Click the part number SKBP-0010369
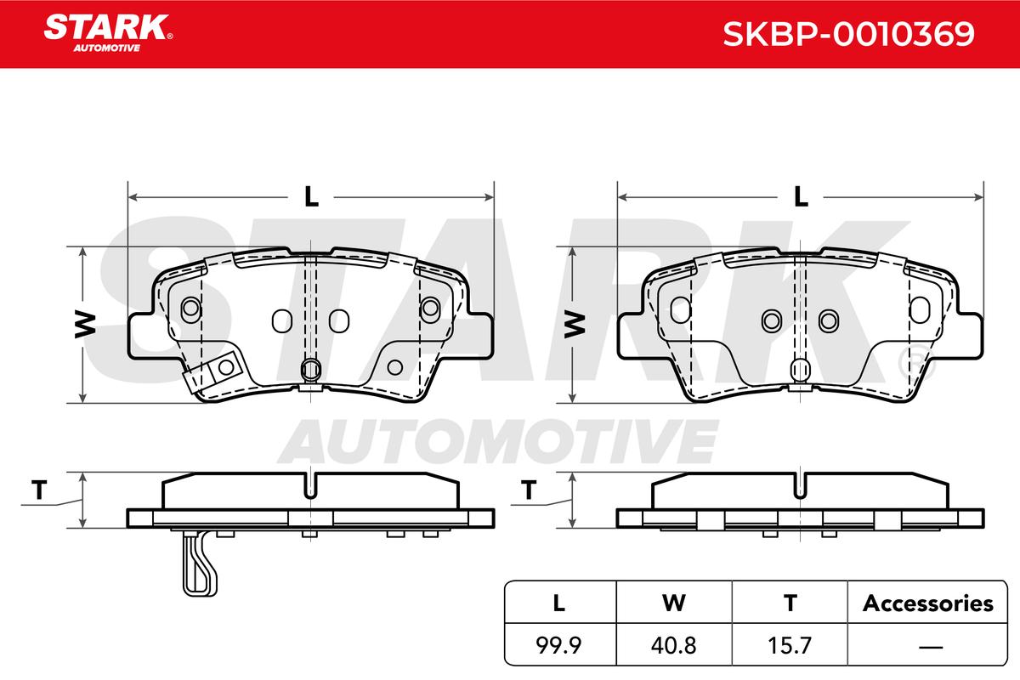(849, 34)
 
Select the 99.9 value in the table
(558, 645)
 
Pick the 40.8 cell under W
(674, 645)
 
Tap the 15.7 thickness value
(790, 645)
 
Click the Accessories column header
(928, 603)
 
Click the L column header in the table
(558, 603)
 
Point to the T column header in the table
(790, 603)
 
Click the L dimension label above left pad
(311, 196)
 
